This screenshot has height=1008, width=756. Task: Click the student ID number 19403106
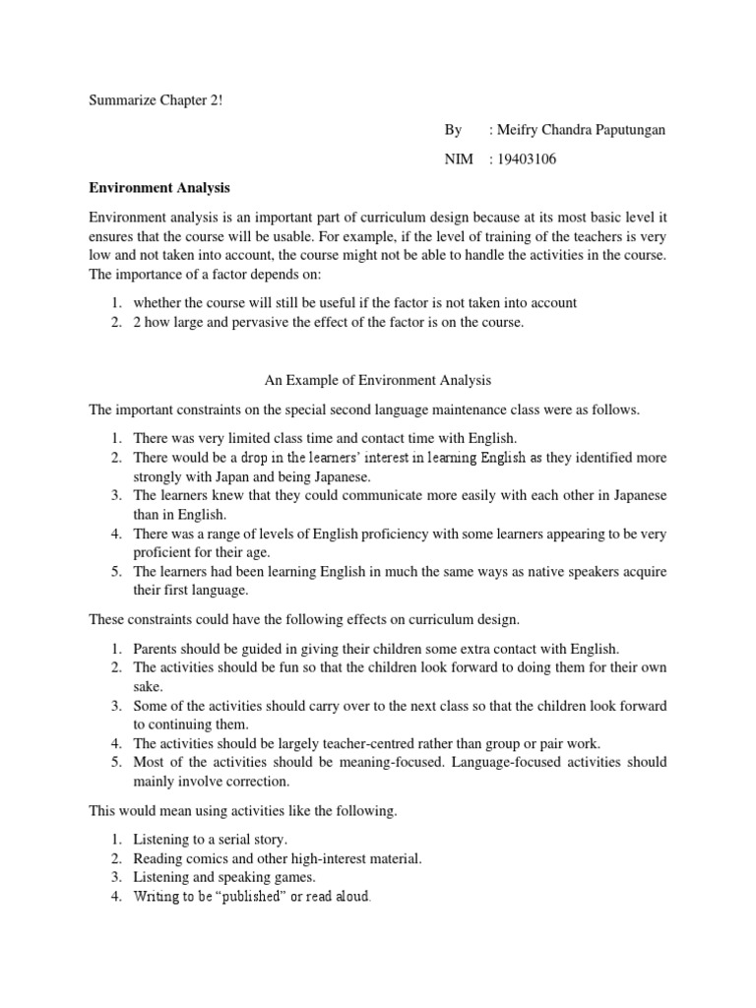click(x=529, y=159)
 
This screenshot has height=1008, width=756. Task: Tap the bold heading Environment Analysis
click(x=159, y=187)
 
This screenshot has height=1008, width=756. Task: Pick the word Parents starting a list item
click(x=157, y=649)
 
